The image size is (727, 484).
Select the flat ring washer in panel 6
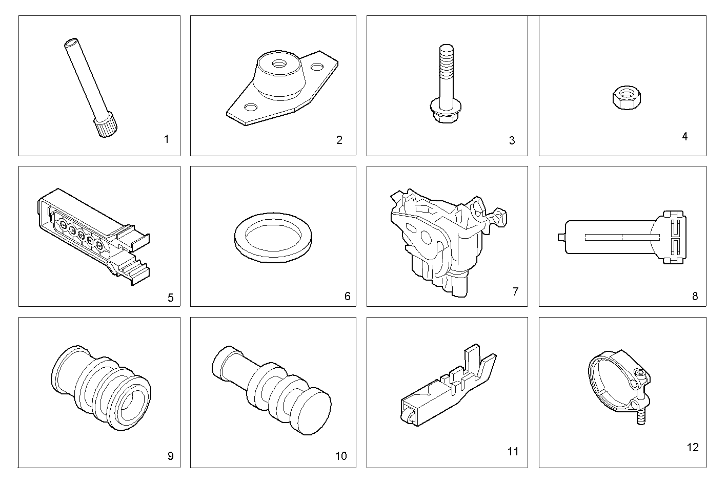(x=272, y=237)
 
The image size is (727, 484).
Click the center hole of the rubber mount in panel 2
(x=279, y=64)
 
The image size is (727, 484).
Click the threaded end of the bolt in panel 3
(x=445, y=56)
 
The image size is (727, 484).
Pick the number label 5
(x=170, y=298)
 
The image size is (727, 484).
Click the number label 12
(x=692, y=447)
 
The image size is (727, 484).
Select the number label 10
(x=340, y=456)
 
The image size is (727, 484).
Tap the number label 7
(x=515, y=291)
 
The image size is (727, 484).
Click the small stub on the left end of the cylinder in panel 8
(x=561, y=237)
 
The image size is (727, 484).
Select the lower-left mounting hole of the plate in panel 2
(x=251, y=107)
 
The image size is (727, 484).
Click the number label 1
(x=166, y=139)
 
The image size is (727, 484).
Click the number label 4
(x=684, y=136)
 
